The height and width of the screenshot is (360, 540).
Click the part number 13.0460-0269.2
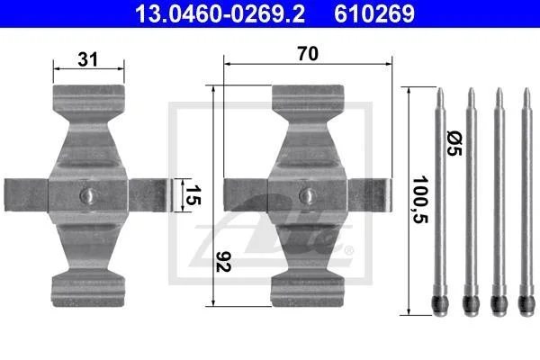coord(220,13)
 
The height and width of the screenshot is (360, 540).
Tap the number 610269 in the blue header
coord(374,13)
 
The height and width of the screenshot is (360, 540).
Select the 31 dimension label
coord(88,59)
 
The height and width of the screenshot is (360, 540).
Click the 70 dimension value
coord(308,54)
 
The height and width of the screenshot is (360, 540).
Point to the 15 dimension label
coord(193,195)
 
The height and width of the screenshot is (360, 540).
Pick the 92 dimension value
coord(223,262)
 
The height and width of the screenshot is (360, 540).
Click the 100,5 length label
coord(420,200)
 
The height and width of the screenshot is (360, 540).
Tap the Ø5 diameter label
coord(454,143)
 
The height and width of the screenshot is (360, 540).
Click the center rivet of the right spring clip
coord(308,195)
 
